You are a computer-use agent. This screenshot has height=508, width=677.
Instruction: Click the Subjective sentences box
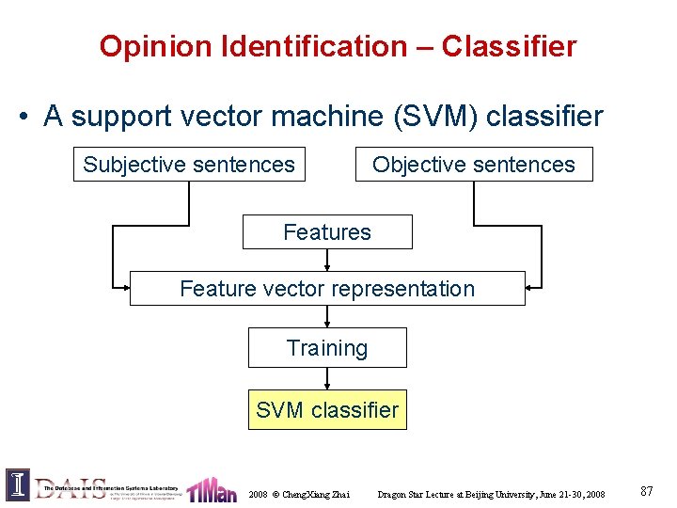(189, 165)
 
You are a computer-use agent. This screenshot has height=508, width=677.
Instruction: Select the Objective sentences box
(473, 165)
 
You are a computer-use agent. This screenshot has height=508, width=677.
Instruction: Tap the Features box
(327, 231)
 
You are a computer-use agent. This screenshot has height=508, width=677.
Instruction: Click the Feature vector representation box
(327, 289)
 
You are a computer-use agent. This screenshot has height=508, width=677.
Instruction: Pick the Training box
(327, 348)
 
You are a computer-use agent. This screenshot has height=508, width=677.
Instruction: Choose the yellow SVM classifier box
(327, 410)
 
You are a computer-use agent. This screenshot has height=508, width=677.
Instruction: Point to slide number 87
(647, 491)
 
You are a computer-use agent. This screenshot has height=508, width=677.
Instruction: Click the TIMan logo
(212, 490)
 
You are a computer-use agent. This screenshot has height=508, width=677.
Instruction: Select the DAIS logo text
(71, 486)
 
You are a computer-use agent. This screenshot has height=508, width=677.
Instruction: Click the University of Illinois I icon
(17, 484)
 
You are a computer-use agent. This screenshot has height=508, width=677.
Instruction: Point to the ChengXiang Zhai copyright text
(299, 494)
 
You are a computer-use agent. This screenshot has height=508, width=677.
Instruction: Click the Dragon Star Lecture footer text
(491, 494)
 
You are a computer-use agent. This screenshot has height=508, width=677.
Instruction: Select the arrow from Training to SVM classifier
(327, 379)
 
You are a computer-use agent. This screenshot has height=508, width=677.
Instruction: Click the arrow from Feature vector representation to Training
(327, 317)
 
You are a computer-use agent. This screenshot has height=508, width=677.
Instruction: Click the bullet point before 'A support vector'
(22, 118)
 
